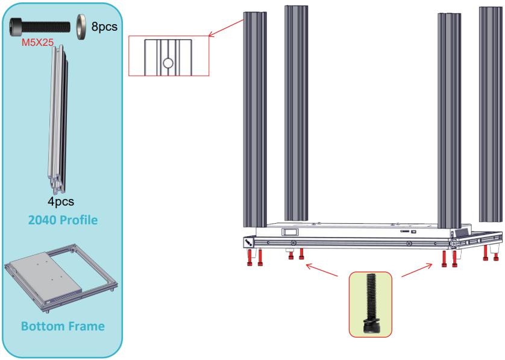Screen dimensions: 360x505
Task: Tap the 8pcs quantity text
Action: coord(104,27)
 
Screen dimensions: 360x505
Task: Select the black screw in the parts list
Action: coord(39,27)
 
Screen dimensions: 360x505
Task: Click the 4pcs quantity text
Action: coord(61,201)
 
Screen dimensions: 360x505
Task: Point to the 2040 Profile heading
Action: coord(63,220)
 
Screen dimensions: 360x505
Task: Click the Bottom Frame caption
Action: coord(63,326)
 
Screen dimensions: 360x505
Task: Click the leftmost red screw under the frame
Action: coord(249,257)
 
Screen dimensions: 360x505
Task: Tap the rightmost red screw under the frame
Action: coord(496,256)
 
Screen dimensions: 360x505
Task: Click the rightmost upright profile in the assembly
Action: coord(491,115)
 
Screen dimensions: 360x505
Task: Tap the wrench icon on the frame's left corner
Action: coord(249,241)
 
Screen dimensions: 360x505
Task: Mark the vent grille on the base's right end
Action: coord(461,232)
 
